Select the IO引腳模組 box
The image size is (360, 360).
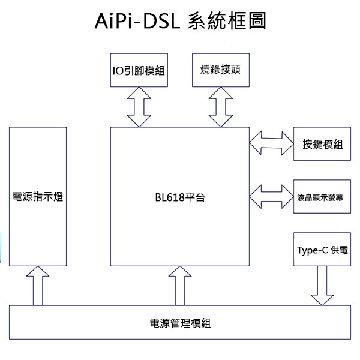tap(139, 70)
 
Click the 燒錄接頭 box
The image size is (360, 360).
tap(220, 70)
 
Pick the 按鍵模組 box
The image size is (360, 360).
tap(322, 144)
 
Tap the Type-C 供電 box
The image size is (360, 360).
tap(322, 250)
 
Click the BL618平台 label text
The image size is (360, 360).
tap(179, 197)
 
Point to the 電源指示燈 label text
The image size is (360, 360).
tap(38, 197)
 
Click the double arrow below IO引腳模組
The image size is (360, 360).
tap(139, 107)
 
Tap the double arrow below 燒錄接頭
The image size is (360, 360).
tap(220, 107)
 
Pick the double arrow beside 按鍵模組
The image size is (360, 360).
tap(271, 144)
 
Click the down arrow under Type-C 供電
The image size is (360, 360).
tap(322, 286)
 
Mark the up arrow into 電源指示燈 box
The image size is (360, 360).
tap(38, 286)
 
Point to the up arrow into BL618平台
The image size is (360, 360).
tap(179, 286)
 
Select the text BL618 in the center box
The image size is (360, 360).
tap(170, 197)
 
